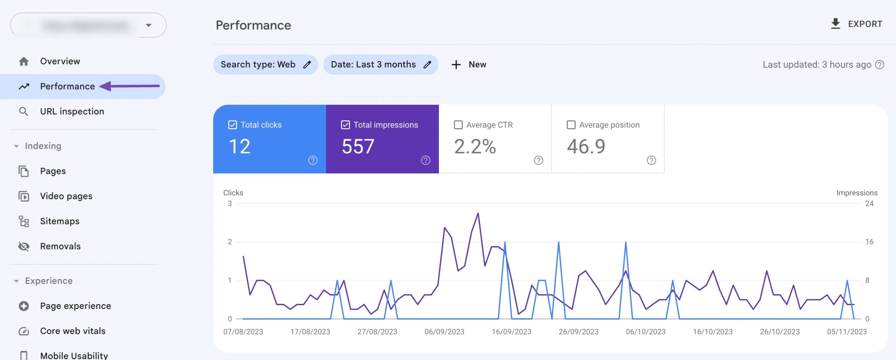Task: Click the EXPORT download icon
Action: click(x=835, y=24)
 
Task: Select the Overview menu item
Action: click(x=60, y=61)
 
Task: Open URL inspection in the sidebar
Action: click(x=72, y=111)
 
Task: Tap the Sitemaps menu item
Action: click(x=59, y=221)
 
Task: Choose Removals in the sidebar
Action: click(x=60, y=246)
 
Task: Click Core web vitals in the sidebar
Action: click(x=72, y=331)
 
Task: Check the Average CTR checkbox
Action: click(x=458, y=125)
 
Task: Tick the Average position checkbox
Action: click(x=571, y=125)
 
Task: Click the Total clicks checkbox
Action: click(x=232, y=125)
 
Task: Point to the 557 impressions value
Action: click(x=358, y=146)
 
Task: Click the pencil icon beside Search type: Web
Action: click(x=307, y=65)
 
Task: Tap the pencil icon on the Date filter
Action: click(x=427, y=65)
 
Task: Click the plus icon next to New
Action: click(x=456, y=65)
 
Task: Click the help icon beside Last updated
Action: click(x=880, y=65)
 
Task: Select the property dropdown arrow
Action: click(x=149, y=25)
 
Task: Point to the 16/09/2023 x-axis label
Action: click(x=511, y=332)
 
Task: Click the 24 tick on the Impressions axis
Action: click(x=869, y=203)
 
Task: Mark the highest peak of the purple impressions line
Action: click(x=478, y=213)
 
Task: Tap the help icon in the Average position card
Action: click(x=651, y=160)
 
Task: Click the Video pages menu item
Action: click(x=66, y=196)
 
